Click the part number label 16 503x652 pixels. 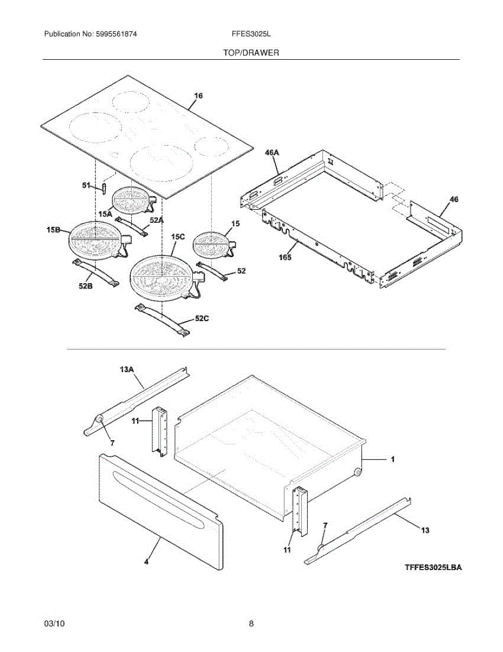[x=199, y=96]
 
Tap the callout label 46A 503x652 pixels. [x=272, y=153]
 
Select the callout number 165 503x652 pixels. [x=285, y=257]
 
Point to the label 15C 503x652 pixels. [x=178, y=237]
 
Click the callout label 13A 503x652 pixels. [x=126, y=369]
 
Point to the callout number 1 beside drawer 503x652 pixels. [x=393, y=459]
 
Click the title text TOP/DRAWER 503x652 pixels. [x=251, y=53]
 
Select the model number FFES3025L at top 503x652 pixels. [x=251, y=34]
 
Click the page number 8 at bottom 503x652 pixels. [x=251, y=624]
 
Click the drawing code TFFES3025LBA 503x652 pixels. [x=433, y=568]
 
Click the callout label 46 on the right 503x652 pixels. [x=454, y=199]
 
